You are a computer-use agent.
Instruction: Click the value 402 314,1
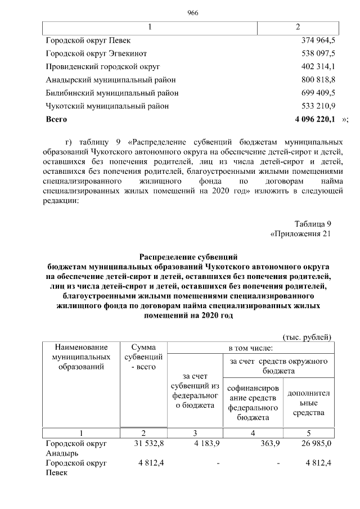coord(318,66)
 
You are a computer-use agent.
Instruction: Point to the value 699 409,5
coord(318,93)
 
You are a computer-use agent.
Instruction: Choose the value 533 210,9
coord(318,106)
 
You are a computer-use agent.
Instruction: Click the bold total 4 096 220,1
coord(315,119)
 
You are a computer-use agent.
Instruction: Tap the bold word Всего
coord(56,119)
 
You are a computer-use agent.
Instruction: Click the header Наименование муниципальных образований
coord(81,357)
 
